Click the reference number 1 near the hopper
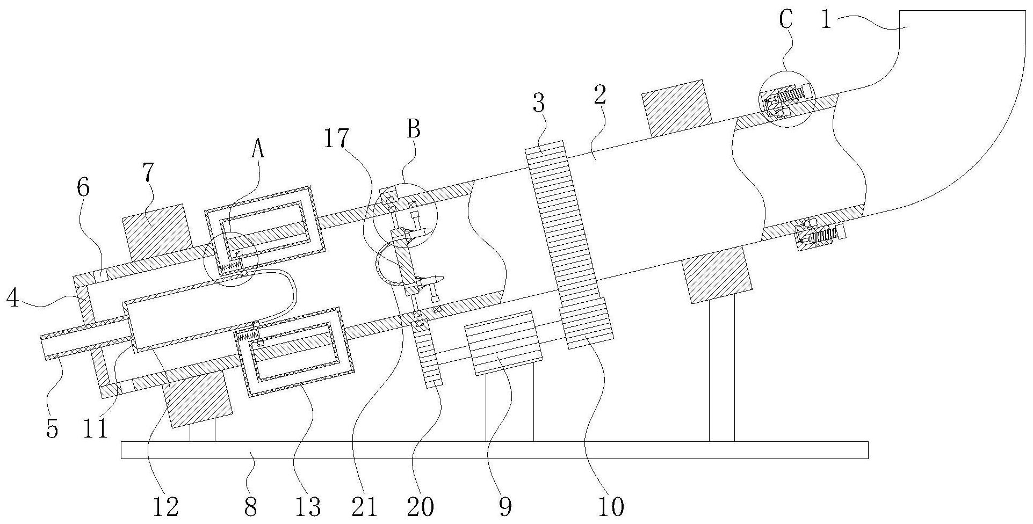coord(826,21)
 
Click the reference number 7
coord(149,173)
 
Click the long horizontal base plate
coord(494,450)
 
